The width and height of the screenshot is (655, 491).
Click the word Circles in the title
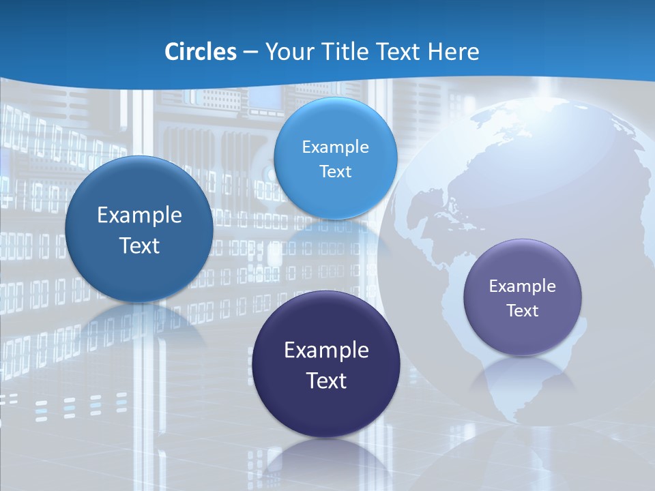point(201,52)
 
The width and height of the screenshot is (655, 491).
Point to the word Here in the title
point(453,52)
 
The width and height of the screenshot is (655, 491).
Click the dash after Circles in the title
point(250,53)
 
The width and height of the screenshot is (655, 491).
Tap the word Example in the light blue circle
point(335,147)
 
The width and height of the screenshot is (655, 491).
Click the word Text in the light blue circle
point(335,172)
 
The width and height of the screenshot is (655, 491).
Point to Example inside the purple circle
point(523,286)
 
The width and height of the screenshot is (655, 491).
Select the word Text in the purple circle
point(523,311)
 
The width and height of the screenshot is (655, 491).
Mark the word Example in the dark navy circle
point(326,351)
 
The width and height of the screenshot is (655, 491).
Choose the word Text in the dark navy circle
point(326,381)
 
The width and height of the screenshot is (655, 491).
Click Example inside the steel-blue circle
point(139,215)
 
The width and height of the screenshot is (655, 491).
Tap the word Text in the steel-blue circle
point(139,245)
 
